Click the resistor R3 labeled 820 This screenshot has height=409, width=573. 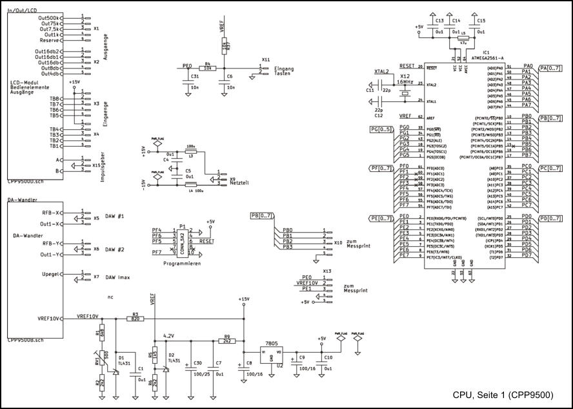tap(135, 318)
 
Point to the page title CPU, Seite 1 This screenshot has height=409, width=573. tap(503, 395)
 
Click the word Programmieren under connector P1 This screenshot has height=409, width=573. tap(183, 264)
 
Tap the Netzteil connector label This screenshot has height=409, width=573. tap(239, 184)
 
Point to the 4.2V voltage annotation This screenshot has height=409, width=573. tap(170, 336)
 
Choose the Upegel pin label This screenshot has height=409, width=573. tap(52, 274)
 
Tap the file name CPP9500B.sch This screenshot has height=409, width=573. tap(26, 339)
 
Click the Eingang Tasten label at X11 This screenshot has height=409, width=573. tap(283, 71)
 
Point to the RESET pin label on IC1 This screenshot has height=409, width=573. tap(407, 66)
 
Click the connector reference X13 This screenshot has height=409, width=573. tap(327, 271)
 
